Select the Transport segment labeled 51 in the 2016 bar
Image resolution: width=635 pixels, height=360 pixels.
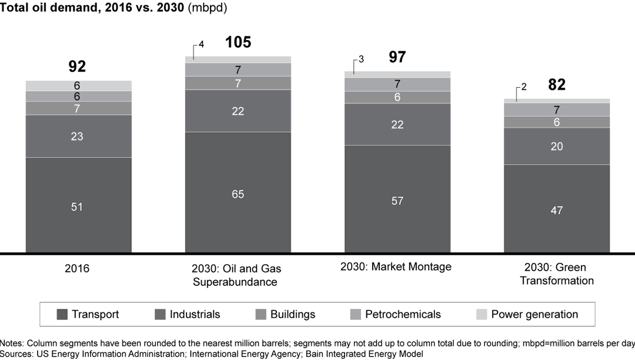point(78,206)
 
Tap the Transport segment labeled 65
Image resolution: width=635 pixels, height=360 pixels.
point(238,193)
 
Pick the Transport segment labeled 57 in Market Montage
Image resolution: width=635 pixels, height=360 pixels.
point(397,200)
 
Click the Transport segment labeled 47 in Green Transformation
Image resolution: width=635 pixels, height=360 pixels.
point(556,209)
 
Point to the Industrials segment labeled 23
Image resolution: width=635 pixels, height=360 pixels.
point(78,136)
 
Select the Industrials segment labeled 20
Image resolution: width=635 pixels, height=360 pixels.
point(556,146)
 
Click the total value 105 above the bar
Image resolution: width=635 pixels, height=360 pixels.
point(238,42)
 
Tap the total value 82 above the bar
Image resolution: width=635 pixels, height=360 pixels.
point(556,85)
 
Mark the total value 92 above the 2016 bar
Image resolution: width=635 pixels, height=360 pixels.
point(77,66)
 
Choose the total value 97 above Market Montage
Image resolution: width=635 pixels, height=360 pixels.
point(397,57)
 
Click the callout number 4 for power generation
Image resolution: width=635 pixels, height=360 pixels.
point(201,45)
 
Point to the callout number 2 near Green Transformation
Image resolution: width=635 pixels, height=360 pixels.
point(523,87)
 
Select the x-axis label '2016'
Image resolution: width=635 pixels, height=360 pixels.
point(78,268)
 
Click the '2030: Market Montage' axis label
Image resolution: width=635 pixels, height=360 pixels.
point(396,266)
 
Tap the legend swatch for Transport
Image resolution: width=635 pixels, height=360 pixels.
point(62,315)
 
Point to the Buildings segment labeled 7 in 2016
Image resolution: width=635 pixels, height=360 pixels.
point(78,108)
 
